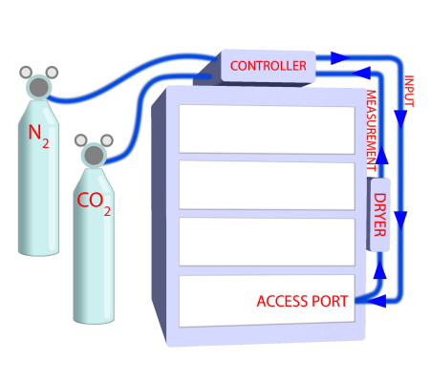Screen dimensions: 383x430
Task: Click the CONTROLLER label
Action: point(269,66)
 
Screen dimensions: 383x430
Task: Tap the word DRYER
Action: point(379,215)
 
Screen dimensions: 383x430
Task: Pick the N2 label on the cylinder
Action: point(39,137)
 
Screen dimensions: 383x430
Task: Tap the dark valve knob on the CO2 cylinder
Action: point(93,155)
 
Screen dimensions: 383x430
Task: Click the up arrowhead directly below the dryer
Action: point(379,270)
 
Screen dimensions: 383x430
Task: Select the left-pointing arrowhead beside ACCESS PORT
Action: point(376,302)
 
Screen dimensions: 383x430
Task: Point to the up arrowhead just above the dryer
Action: point(379,164)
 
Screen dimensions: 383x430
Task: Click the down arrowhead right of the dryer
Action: point(401,219)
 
